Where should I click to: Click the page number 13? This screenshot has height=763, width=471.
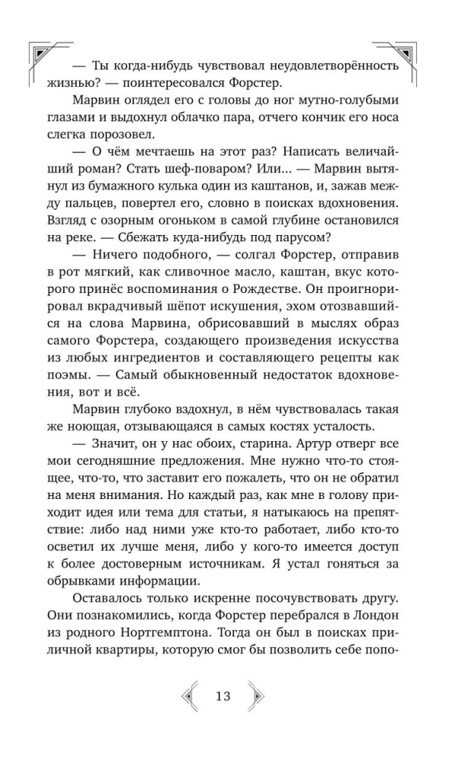pyautogui.click(x=223, y=696)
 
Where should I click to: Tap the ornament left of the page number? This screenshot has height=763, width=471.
pyautogui.click(x=189, y=696)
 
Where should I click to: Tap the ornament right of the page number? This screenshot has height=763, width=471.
pyautogui.click(x=257, y=696)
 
